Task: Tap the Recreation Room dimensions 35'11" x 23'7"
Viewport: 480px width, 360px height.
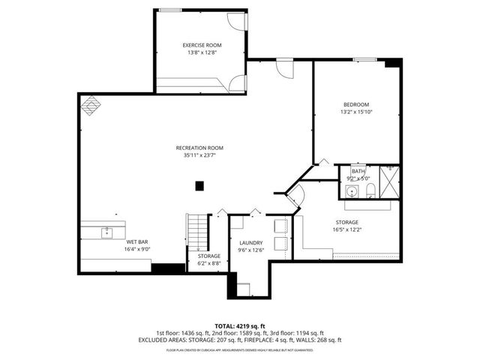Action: (199, 156)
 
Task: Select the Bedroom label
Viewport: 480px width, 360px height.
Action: (356, 104)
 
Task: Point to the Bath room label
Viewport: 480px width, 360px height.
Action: (358, 172)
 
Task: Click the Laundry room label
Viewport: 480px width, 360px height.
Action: (250, 243)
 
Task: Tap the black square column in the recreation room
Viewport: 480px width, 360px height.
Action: (199, 185)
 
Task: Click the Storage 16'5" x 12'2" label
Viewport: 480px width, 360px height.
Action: (346, 222)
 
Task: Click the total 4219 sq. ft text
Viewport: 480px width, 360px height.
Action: (239, 326)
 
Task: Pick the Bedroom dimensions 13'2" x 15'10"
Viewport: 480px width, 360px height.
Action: (356, 112)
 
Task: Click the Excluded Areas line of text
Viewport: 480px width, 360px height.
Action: (239, 340)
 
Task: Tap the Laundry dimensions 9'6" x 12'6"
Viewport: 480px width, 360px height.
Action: (250, 250)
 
